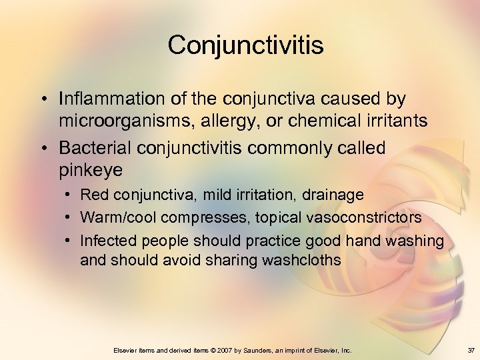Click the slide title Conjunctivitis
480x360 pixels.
click(246, 45)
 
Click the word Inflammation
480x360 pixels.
click(112, 99)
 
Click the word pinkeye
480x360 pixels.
click(91, 171)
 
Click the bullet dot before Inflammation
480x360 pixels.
click(43, 99)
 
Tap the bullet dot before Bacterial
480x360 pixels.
click(43, 147)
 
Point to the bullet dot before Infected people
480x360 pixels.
click(69, 241)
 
